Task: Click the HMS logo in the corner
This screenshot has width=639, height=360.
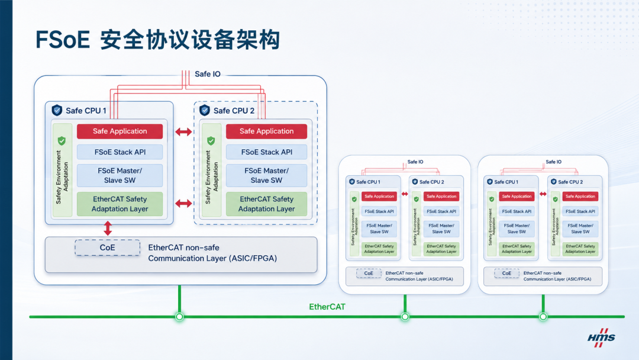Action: [601, 338]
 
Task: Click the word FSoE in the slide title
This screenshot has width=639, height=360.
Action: [63, 40]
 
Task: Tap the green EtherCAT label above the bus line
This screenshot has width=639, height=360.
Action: [327, 307]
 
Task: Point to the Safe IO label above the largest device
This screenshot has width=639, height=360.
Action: [208, 74]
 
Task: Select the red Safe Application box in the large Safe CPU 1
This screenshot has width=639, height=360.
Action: [120, 131]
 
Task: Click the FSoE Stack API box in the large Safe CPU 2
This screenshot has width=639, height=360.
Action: [266, 152]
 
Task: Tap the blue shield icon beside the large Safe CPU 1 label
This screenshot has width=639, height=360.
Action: [57, 110]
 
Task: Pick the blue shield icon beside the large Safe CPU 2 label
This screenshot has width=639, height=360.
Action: [205, 110]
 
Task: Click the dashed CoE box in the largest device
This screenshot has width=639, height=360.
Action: [108, 248]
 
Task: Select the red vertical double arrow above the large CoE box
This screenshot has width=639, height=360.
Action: [108, 229]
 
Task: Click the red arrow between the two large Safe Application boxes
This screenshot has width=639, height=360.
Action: [183, 131]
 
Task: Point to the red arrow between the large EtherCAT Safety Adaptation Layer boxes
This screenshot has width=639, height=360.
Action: [183, 203]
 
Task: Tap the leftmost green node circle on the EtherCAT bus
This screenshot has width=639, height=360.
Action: [179, 317]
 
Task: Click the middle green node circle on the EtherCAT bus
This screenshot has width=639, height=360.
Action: [405, 317]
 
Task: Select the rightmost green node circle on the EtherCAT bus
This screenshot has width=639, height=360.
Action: [543, 317]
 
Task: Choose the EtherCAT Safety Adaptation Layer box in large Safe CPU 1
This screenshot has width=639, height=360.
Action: [120, 204]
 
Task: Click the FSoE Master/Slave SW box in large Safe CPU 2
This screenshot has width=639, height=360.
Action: [266, 175]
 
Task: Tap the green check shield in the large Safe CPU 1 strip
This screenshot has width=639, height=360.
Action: [62, 141]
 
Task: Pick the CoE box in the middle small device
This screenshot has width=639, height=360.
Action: [369, 273]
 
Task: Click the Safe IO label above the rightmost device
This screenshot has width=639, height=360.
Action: [553, 162]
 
